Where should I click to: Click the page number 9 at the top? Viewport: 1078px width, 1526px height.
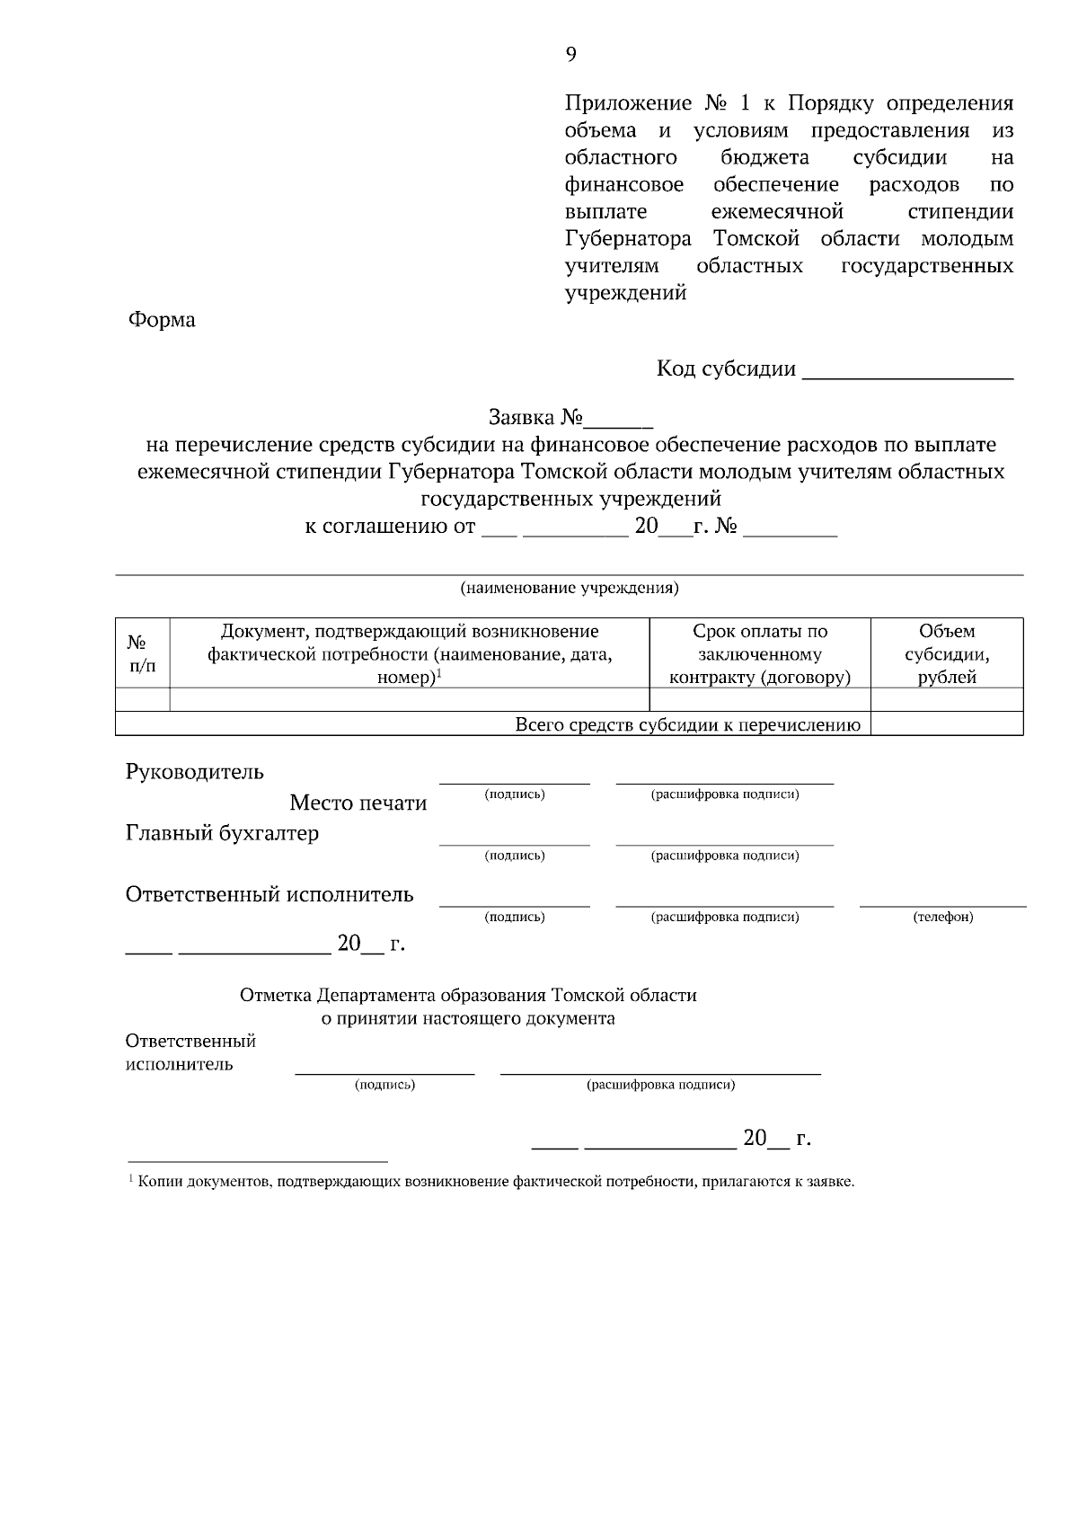pos(570,55)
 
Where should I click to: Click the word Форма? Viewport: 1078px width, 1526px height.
pos(161,320)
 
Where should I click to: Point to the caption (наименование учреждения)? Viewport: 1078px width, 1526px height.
pos(570,589)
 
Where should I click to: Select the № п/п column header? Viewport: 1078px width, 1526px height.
pos(142,653)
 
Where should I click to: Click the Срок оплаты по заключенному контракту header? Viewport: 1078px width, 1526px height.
pos(760,653)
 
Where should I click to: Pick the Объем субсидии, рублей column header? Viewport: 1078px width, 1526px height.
pos(947,653)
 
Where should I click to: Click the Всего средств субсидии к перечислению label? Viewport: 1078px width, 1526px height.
pos(687,725)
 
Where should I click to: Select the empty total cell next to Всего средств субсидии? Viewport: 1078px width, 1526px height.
pos(947,724)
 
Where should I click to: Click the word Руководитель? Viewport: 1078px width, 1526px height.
pos(195,772)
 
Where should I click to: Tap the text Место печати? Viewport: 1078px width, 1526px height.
pos(358,803)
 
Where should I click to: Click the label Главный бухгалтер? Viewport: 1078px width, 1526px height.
pos(222,833)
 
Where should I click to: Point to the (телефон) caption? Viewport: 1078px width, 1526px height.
pos(942,918)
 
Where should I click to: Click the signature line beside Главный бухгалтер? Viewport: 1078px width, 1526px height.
pos(515,843)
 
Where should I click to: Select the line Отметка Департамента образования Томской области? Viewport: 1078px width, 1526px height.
pos(468,996)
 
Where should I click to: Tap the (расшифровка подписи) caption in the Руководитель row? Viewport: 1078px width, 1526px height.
pos(724,794)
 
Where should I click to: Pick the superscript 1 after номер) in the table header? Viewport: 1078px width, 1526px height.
pos(438,673)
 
